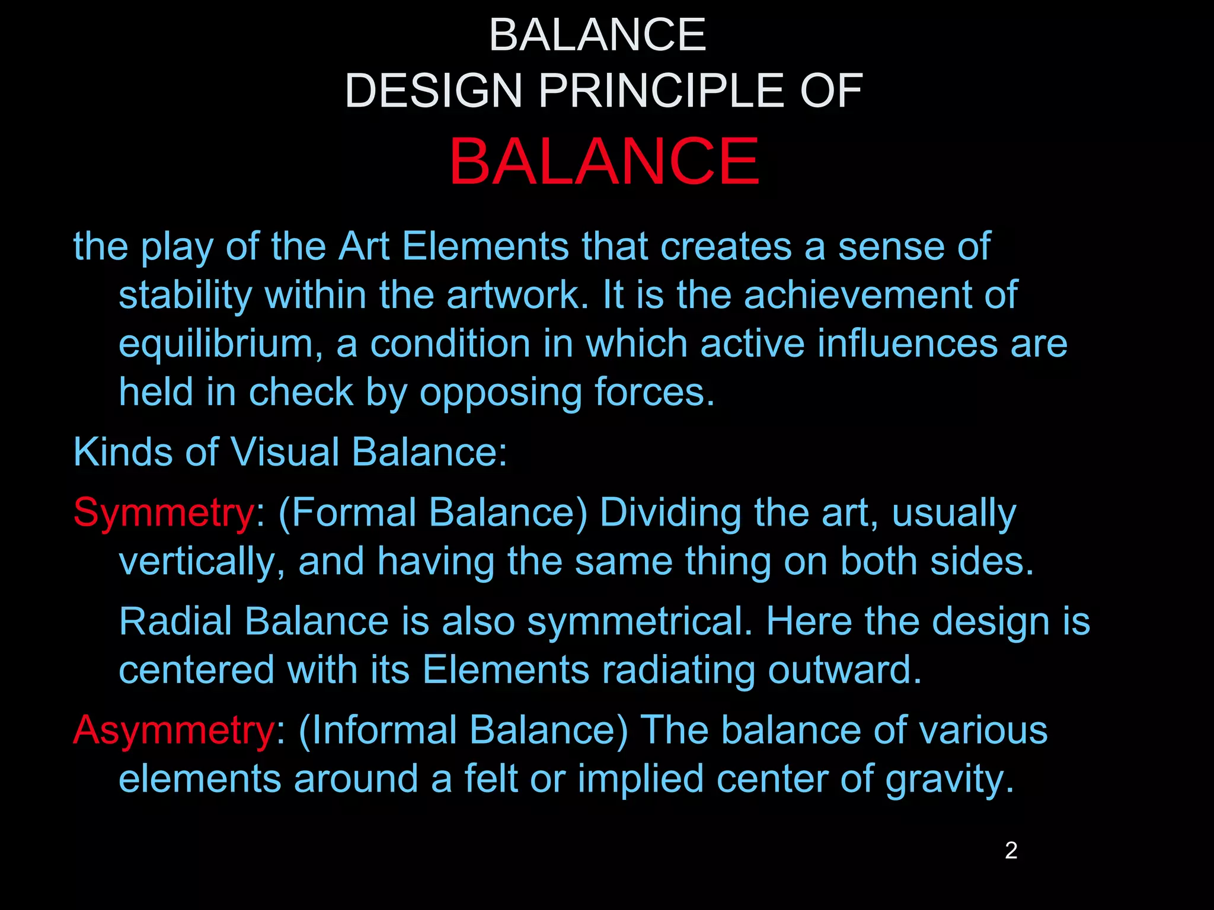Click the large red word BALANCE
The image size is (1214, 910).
pos(603,161)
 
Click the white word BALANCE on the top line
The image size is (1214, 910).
pos(598,35)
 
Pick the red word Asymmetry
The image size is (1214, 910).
pos(173,730)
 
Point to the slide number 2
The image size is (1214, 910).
pos(1011,851)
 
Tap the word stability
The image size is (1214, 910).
pos(185,295)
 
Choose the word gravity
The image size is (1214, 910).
pos(950,780)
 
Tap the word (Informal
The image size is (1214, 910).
pos(376,730)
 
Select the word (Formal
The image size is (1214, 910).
pos(347,512)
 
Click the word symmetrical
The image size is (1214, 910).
pos(640,621)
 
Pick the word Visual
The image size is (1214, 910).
pos(285,452)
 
